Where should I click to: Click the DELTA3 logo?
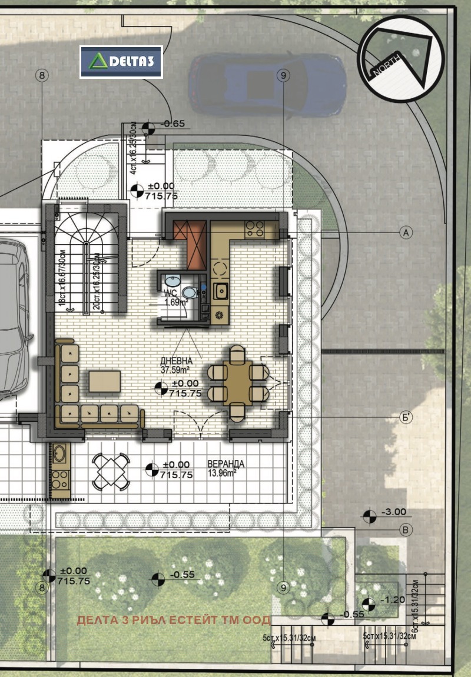click(x=121, y=62)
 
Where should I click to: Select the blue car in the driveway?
click(x=267, y=85)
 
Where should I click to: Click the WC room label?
click(x=171, y=298)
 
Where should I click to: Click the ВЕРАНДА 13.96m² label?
click(x=225, y=468)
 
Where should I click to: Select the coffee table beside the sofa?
click(x=105, y=381)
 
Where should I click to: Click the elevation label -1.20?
click(x=392, y=600)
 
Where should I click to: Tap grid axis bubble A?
click(x=405, y=232)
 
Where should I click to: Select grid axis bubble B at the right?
click(x=406, y=530)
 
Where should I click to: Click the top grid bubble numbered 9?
click(x=283, y=75)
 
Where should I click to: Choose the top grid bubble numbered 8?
click(x=42, y=75)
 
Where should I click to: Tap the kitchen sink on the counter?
click(x=222, y=290)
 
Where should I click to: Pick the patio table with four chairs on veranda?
click(x=111, y=471)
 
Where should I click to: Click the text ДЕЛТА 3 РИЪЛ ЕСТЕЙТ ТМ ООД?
click(x=174, y=620)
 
